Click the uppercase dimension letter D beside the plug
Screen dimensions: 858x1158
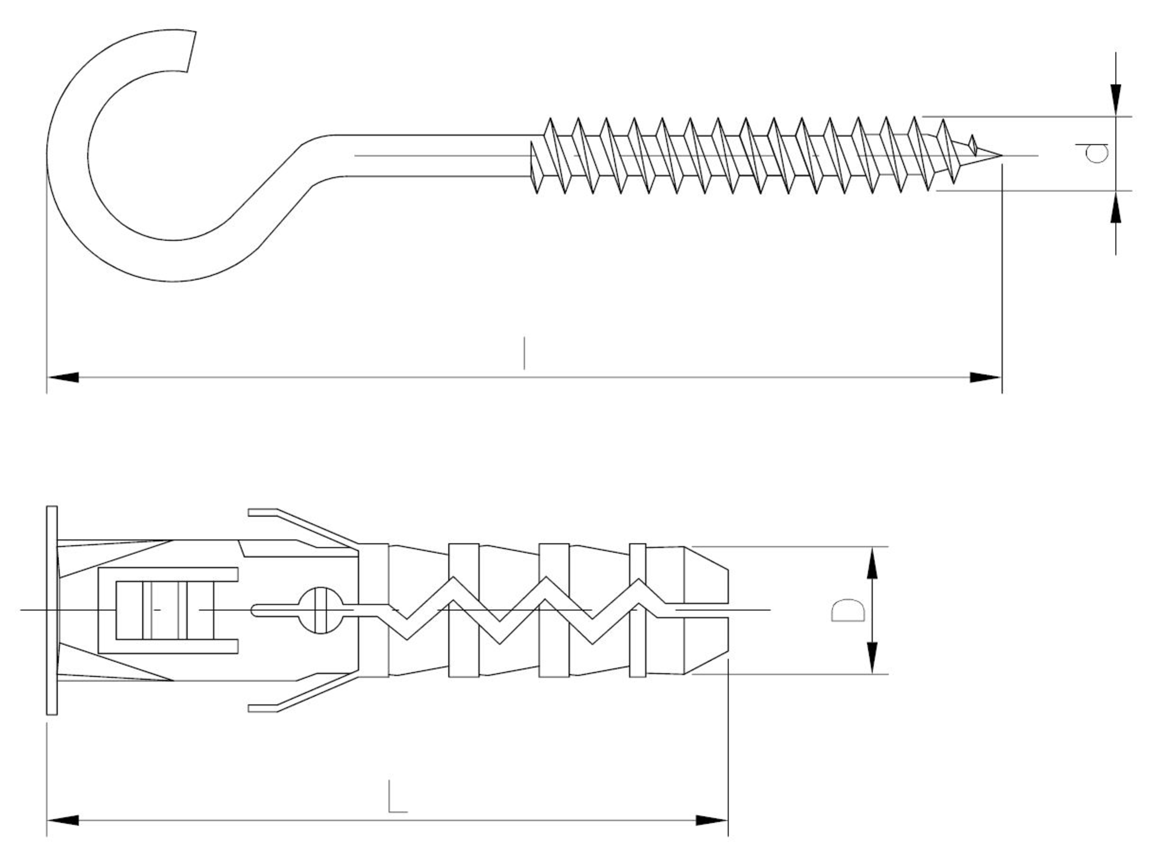click(848, 611)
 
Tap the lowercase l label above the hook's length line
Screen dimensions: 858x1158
click(524, 352)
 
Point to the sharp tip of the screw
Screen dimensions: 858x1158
click(999, 155)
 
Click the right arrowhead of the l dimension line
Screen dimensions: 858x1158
click(986, 378)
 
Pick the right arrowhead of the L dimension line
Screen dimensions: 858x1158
click(712, 820)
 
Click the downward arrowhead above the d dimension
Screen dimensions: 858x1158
click(1116, 100)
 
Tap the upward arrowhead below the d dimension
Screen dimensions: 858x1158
click(1116, 207)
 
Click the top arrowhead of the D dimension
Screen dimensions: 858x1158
click(873, 563)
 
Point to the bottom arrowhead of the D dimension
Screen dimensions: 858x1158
click(873, 658)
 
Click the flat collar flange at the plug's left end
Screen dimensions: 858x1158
click(52, 610)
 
